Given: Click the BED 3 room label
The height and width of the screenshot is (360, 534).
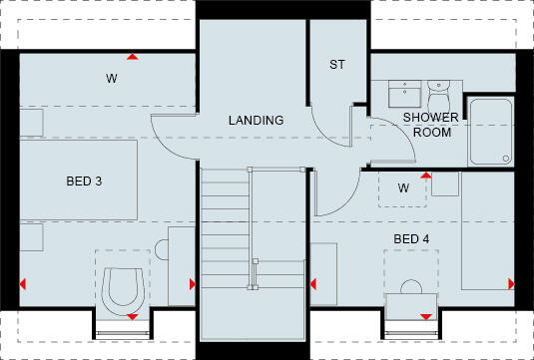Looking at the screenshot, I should [x=84, y=181].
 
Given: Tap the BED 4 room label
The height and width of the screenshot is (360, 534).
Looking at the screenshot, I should [x=411, y=239].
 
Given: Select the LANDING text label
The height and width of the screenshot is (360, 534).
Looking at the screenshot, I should [x=256, y=121].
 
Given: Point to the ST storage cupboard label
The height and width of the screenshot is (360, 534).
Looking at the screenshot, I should [x=336, y=65].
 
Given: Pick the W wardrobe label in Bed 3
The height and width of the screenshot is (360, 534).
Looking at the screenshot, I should [x=112, y=77].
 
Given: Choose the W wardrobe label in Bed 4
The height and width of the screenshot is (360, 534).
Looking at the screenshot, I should [x=403, y=187].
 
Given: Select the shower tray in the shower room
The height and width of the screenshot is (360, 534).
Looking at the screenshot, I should [x=491, y=132].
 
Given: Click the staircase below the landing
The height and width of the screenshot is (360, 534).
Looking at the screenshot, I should [x=252, y=239].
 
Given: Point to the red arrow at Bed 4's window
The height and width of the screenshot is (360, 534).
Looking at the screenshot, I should [x=427, y=317].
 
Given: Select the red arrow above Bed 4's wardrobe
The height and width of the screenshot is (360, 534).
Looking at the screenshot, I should [x=426, y=175].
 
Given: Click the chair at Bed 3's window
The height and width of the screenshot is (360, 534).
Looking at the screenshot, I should [x=121, y=288].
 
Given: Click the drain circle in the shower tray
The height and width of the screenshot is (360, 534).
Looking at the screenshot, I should [x=506, y=158].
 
